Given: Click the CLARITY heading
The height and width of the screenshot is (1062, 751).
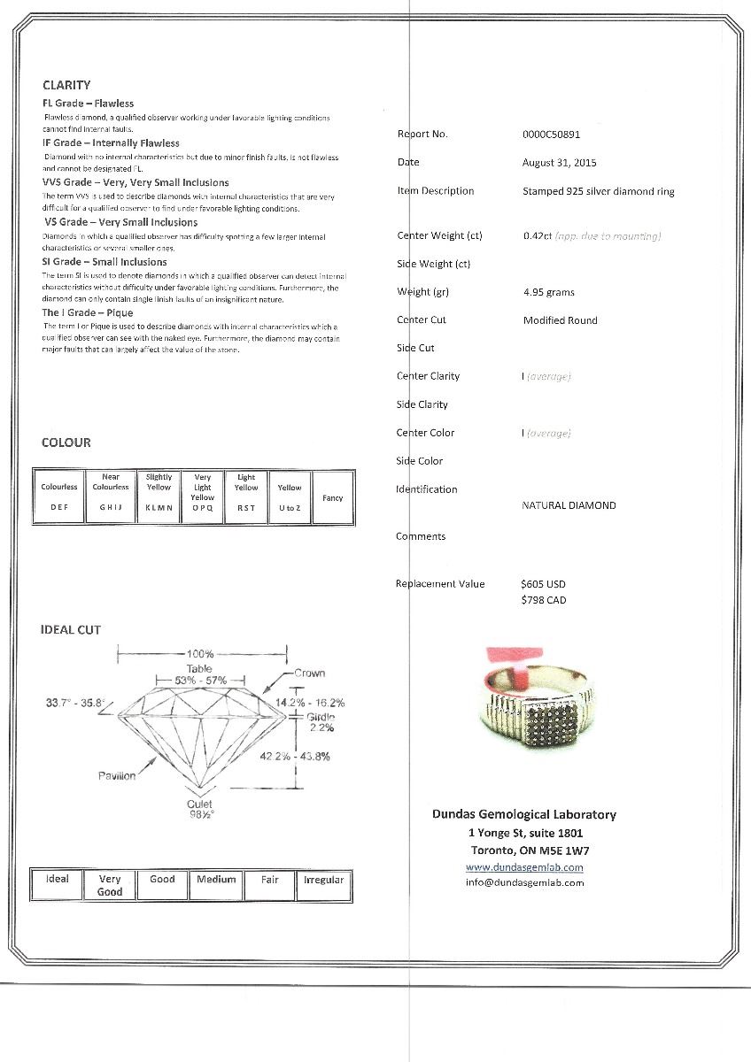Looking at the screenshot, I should point(66,85).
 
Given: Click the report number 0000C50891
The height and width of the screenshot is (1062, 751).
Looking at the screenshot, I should point(551,135).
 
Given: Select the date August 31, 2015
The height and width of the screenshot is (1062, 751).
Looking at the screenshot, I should point(559,163).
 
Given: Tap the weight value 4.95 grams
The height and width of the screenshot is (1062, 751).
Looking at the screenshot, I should point(549,292).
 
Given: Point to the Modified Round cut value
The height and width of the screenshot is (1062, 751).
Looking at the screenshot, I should point(560,320).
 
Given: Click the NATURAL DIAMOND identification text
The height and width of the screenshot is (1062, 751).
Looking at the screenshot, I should point(569,505).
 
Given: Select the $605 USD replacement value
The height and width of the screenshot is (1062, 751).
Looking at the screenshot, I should point(543,584).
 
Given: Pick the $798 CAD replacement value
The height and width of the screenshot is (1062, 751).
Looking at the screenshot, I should point(543,600).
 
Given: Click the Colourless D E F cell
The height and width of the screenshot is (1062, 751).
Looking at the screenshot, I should point(59,497).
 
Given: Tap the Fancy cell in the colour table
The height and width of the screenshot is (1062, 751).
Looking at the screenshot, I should point(332,498).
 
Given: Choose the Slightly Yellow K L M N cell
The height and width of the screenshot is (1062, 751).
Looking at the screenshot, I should point(159,497).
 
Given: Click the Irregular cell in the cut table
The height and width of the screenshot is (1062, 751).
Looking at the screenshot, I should point(323,880).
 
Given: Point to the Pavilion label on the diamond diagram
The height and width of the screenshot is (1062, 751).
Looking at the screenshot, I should point(117,775).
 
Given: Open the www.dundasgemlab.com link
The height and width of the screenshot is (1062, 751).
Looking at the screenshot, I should point(524,866).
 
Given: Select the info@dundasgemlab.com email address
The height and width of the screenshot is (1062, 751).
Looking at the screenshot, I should point(524,882).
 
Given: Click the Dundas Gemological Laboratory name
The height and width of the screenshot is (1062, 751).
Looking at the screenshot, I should point(523,814).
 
